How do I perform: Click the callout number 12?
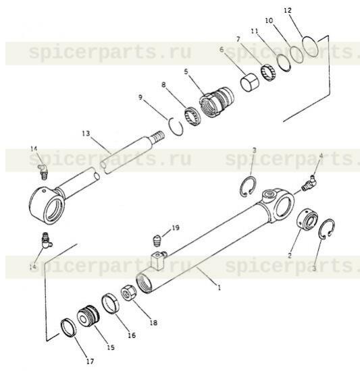click(x=287, y=10)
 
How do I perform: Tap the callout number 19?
click(x=176, y=227)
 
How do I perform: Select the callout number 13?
click(x=86, y=134)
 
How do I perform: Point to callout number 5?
click(x=186, y=72)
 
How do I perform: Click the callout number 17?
click(x=90, y=362)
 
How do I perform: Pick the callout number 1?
click(x=220, y=288)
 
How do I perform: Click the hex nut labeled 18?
click(x=128, y=293)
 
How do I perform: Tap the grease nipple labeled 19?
click(x=157, y=240)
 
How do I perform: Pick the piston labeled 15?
click(x=88, y=316)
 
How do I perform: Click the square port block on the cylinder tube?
click(x=157, y=260)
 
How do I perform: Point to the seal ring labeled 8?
click(x=192, y=116)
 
